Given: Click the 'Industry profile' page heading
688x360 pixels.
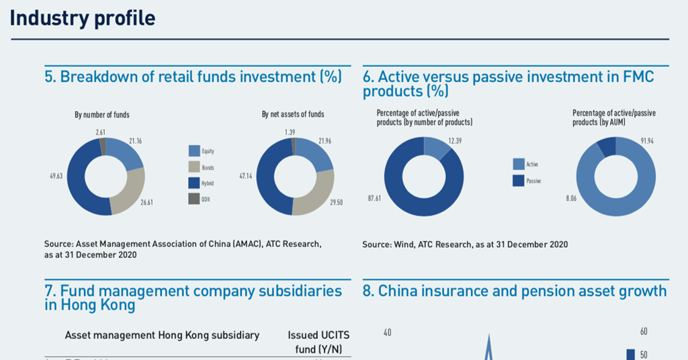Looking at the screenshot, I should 82,18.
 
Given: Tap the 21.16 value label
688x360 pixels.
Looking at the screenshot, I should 135,140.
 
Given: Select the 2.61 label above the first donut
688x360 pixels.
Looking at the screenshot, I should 99,132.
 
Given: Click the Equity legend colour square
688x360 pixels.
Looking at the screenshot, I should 195,151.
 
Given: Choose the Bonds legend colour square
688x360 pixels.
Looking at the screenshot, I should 195,167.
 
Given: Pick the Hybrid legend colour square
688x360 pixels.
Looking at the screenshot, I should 195,182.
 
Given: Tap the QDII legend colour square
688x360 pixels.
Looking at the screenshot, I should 195,198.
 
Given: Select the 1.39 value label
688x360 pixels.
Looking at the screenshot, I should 290,132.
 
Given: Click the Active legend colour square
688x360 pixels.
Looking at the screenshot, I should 518,164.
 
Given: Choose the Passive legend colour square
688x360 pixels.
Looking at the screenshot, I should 518,180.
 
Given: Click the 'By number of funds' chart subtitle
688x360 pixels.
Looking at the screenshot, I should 102,115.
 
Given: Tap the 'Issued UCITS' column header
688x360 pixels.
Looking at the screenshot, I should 318,335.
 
